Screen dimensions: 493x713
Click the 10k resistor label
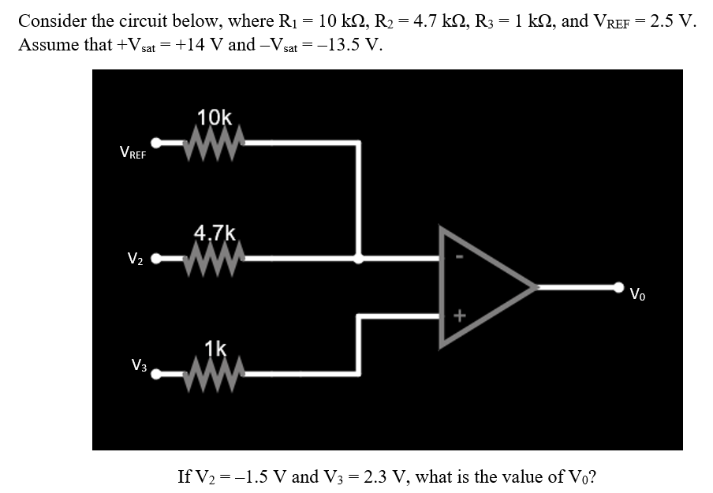(215, 118)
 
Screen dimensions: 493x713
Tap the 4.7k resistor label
(215, 233)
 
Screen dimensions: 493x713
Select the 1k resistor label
(216, 348)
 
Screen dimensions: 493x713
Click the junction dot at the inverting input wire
(360, 257)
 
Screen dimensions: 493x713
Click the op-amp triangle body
(481, 287)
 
